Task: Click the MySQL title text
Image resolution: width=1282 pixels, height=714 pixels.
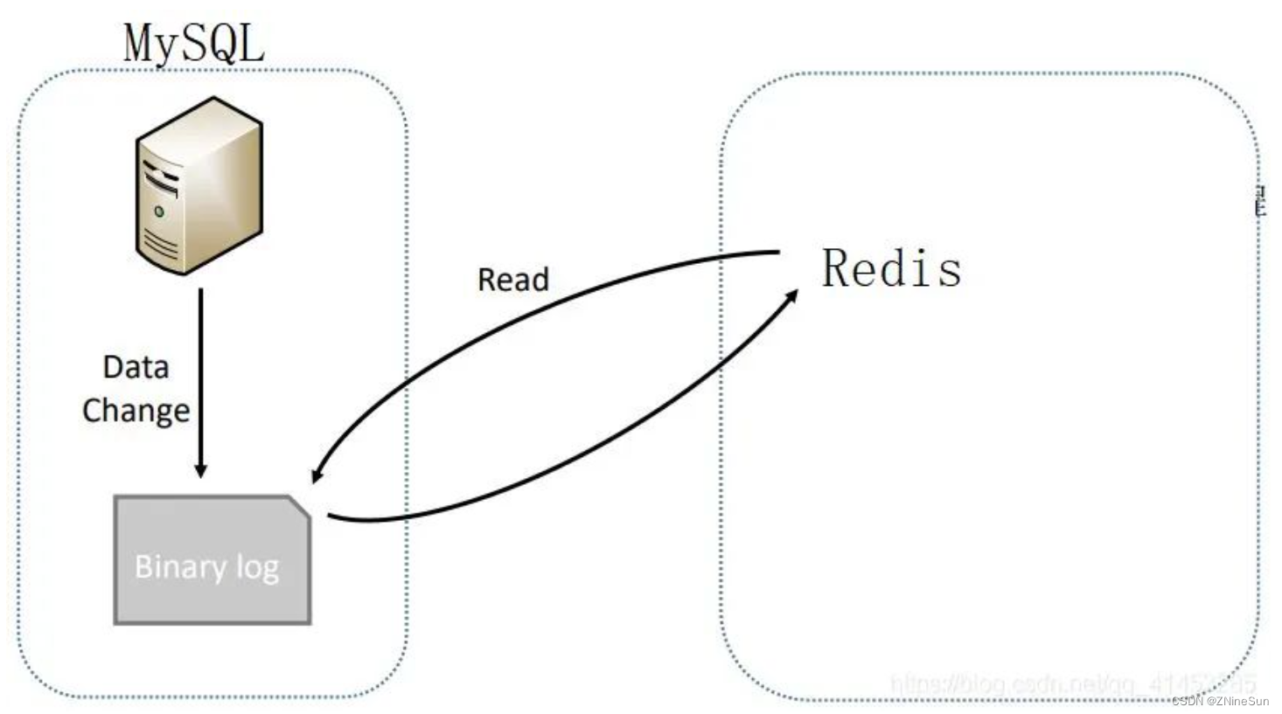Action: click(193, 44)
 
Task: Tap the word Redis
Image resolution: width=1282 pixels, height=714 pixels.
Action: click(891, 268)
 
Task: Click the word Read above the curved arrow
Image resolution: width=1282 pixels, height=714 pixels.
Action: click(512, 280)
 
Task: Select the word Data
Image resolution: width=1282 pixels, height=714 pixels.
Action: click(136, 367)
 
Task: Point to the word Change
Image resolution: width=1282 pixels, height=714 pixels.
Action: click(136, 410)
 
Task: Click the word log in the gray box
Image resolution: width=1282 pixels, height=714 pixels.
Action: click(257, 568)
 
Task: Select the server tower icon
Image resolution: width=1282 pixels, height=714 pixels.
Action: click(199, 185)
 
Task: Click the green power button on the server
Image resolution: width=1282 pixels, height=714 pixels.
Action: click(159, 211)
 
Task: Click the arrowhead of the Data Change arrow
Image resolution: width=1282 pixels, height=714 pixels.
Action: click(200, 469)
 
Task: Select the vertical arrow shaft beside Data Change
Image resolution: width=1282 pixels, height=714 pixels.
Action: click(200, 376)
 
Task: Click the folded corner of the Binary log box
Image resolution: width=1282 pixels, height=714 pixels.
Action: click(299, 508)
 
